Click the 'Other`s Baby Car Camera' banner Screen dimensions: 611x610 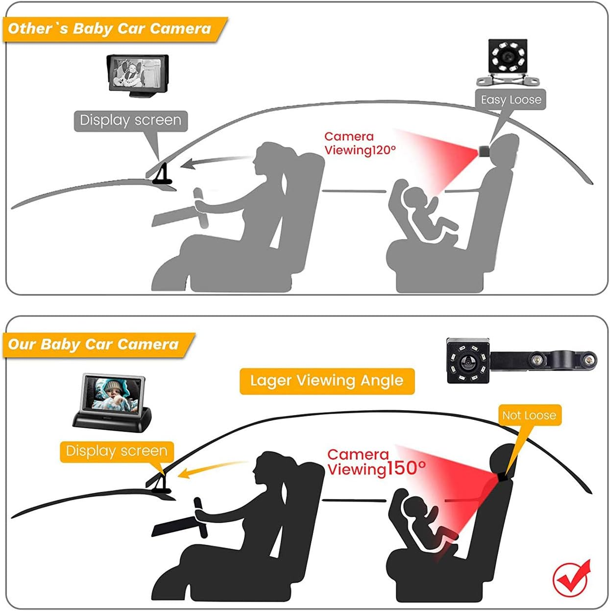tap(110, 29)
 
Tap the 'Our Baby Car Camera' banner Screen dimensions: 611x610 tap(94, 344)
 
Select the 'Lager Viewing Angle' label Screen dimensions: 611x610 tap(327, 381)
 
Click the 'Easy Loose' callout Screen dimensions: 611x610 tap(511, 100)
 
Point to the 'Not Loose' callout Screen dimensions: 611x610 tap(529, 415)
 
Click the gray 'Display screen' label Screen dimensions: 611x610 tap(130, 121)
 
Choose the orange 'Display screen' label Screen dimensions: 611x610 tap(117, 451)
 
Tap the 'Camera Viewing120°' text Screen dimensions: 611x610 tap(359, 144)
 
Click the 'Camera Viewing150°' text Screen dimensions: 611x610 tap(376, 462)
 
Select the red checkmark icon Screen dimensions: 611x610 tap(571, 578)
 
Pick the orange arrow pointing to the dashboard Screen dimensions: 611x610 tap(212, 468)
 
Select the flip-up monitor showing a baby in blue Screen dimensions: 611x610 tap(112, 403)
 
